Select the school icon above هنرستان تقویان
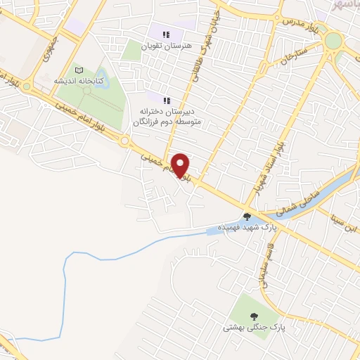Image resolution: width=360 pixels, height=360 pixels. tap(167, 34)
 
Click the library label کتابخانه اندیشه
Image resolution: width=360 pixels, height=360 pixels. tap(79, 82)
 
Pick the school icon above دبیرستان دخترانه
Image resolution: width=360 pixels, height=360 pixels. tap(167, 101)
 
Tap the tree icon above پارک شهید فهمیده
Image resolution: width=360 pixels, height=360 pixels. tap(247, 216)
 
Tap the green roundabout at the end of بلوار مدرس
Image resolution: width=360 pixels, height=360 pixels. tap(333, 40)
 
